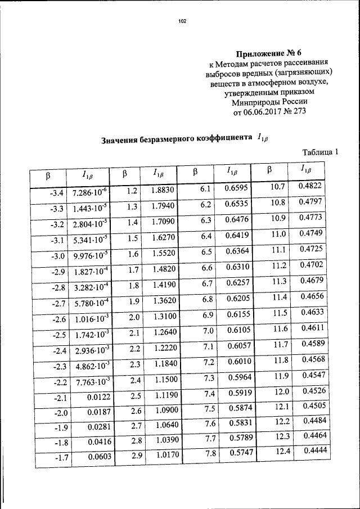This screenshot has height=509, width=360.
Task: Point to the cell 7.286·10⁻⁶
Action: coord(91,193)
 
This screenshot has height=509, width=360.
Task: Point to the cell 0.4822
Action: coord(310,186)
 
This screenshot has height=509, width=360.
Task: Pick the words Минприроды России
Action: coord(270,102)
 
